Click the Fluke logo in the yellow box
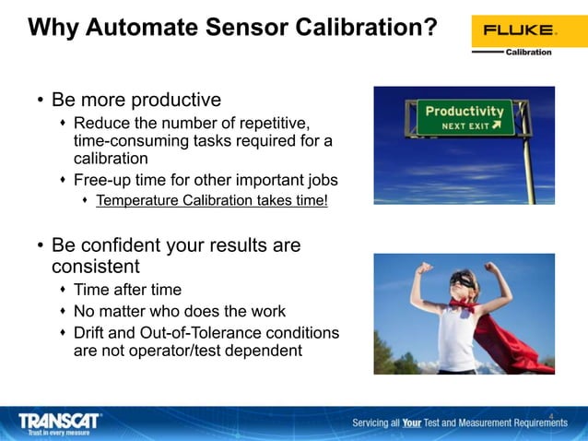click(x=515, y=30)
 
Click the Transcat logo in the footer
click(x=60, y=422)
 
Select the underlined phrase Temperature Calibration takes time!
click(x=211, y=200)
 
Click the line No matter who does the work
click(x=179, y=311)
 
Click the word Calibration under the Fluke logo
click(x=528, y=53)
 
